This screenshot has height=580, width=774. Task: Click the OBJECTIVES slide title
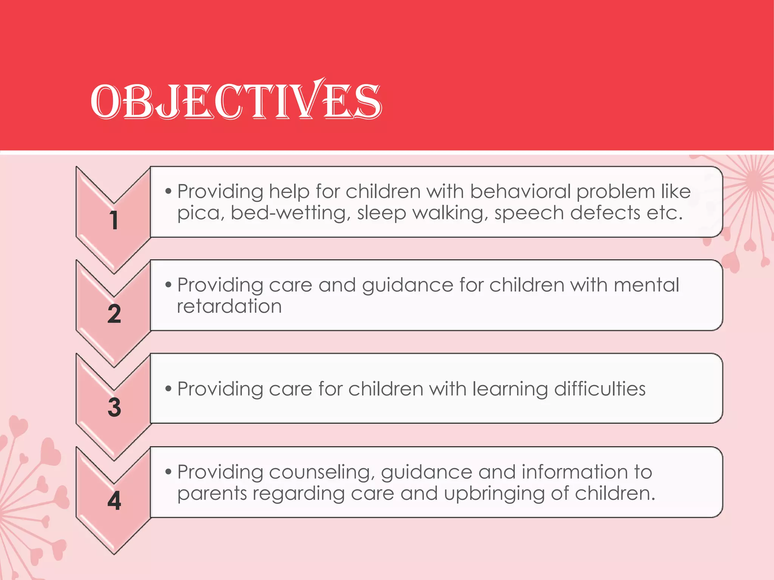tap(236, 101)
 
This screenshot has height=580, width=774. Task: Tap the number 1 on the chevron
tap(114, 220)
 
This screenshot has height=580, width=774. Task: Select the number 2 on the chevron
tap(114, 314)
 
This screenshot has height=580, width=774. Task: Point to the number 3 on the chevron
tap(114, 407)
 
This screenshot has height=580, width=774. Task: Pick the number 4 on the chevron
tap(114, 501)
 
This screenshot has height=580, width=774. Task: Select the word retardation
tap(229, 306)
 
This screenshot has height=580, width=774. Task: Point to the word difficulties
tap(600, 389)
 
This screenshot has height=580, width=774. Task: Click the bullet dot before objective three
tap(169, 389)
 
